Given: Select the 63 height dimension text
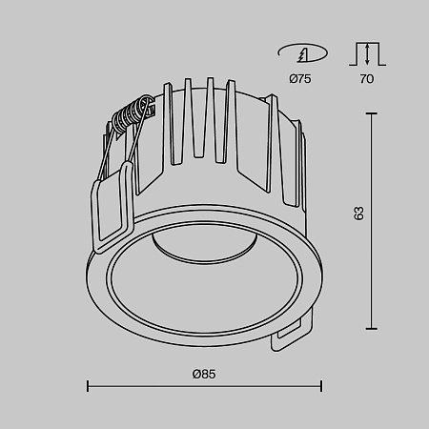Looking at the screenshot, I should (358, 214).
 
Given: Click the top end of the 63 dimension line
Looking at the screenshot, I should (371, 113).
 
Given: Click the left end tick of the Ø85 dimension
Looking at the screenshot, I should (88, 386).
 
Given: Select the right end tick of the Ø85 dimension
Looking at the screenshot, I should (321, 386).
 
